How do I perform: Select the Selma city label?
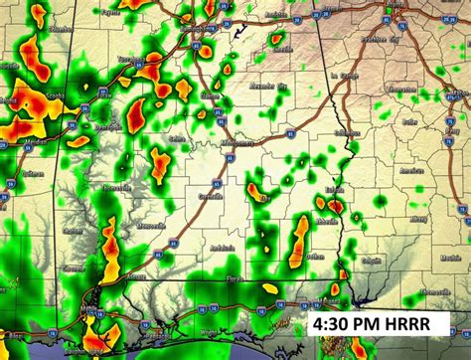(x=178, y=139)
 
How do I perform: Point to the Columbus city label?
(x=348, y=131)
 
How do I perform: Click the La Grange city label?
(x=346, y=75)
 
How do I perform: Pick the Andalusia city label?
(x=221, y=248)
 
